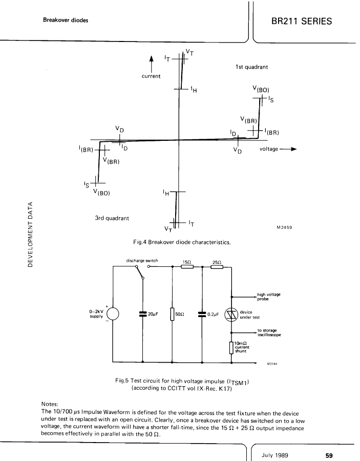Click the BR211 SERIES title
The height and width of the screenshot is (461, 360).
click(302, 21)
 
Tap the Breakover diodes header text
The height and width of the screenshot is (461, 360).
click(66, 20)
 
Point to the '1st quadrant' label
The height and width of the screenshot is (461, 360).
click(251, 67)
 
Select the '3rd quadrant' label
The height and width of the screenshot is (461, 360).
click(112, 218)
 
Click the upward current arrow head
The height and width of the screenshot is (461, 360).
click(152, 59)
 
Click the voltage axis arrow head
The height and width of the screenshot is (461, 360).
click(293, 149)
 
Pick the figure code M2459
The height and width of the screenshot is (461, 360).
click(285, 227)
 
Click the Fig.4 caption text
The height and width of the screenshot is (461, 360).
click(182, 242)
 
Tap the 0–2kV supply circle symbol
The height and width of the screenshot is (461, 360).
click(113, 314)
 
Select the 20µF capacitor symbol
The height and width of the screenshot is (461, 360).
click(143, 314)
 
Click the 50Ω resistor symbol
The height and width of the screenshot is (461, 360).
click(173, 314)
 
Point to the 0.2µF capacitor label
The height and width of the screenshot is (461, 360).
click(213, 315)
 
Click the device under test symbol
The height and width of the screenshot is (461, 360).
click(231, 315)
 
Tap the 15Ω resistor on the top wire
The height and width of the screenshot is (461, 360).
click(187, 267)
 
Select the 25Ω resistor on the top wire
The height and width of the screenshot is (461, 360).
click(217, 267)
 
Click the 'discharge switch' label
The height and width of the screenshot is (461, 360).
click(142, 261)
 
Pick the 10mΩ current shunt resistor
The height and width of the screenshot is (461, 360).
click(231, 347)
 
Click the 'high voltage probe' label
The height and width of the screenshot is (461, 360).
click(269, 297)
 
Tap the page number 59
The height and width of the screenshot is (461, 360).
click(329, 455)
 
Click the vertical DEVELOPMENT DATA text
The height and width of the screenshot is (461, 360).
click(30, 234)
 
